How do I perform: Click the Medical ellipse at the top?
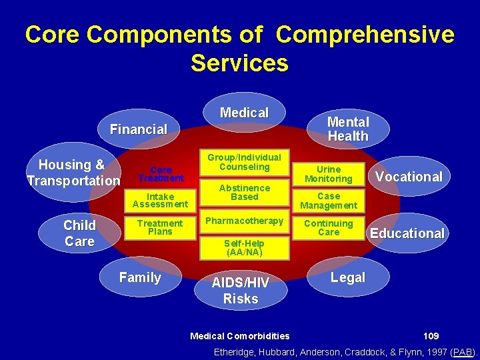click(x=245, y=113)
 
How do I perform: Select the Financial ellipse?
click(x=139, y=129)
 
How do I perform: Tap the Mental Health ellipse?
click(x=348, y=129)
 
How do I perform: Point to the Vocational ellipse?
click(x=409, y=176)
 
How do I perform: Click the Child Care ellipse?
click(x=80, y=233)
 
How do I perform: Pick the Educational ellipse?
click(x=407, y=233)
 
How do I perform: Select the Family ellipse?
click(x=140, y=277)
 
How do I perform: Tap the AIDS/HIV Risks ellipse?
click(x=241, y=291)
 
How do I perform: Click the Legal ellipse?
click(x=348, y=277)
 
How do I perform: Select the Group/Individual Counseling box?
click(x=244, y=162)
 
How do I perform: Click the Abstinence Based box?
click(x=244, y=193)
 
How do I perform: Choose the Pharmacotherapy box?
click(x=244, y=221)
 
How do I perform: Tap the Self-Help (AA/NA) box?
click(x=244, y=248)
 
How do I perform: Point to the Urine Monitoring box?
click(x=329, y=174)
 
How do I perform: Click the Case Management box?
click(x=329, y=201)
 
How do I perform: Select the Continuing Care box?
click(x=329, y=228)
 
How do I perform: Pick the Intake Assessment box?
click(x=160, y=200)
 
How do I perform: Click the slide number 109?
click(x=431, y=335)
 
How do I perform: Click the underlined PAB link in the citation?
click(x=463, y=351)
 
